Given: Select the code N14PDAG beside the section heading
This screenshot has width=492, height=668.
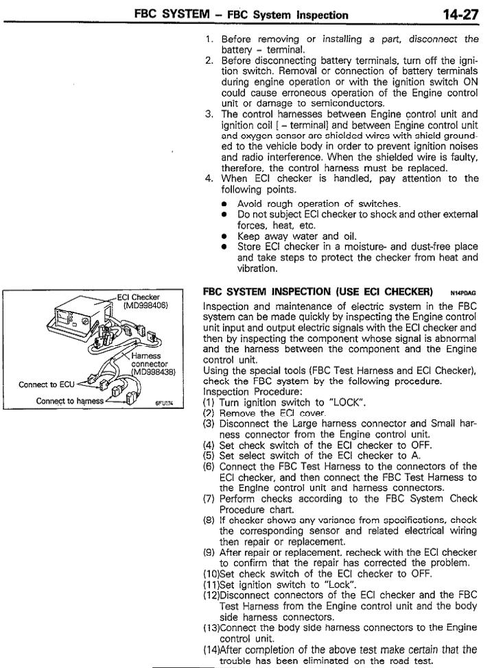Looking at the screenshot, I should [465, 293].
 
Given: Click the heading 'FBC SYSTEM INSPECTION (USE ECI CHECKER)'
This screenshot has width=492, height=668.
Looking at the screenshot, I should [318, 291].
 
